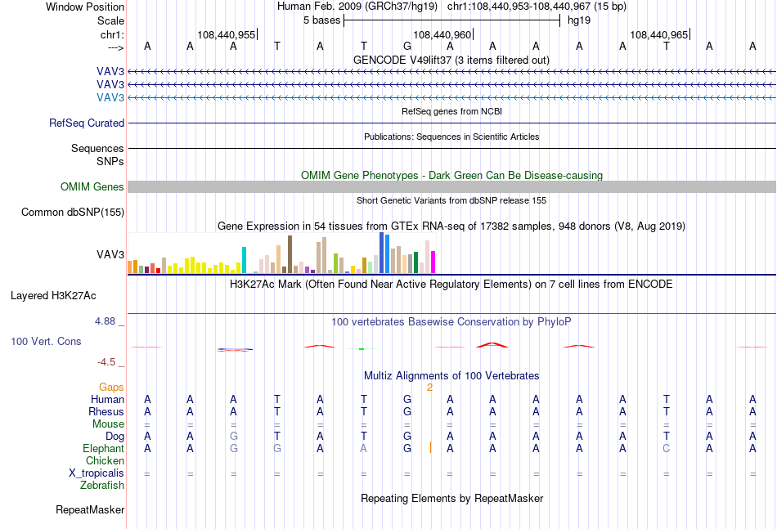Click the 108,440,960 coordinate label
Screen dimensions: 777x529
tap(442, 34)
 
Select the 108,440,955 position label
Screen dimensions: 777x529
tap(226, 34)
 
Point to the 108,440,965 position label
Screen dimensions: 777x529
tap(658, 34)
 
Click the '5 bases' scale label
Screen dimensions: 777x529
tap(322, 20)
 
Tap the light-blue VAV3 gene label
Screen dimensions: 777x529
tap(110, 97)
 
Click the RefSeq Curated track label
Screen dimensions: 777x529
tap(87, 123)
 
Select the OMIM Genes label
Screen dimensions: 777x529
tap(92, 186)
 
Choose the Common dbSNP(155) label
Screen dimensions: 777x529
tap(73, 212)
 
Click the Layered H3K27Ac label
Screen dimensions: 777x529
tap(53, 296)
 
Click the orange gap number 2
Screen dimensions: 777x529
tap(429, 388)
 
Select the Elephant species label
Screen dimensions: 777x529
tap(104, 448)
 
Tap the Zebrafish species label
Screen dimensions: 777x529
tap(102, 485)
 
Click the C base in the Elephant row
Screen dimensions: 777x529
tap(666, 448)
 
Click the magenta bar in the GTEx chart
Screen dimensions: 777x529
tap(433, 262)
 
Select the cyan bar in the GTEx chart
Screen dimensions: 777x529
tap(244, 260)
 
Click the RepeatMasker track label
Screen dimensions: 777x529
tap(90, 509)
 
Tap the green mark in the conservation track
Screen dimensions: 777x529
tap(362, 349)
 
